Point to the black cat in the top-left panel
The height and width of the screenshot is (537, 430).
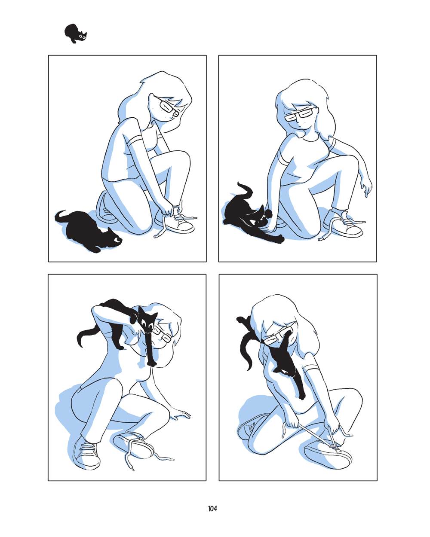(x=87, y=231)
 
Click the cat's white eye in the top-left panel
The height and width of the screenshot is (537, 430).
(x=118, y=240)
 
